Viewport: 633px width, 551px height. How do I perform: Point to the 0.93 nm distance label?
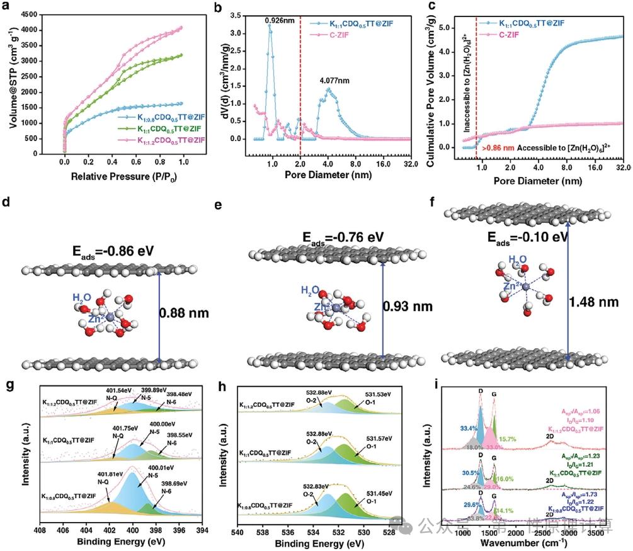(x=408, y=307)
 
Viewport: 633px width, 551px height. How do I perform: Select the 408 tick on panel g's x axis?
(x=40, y=530)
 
